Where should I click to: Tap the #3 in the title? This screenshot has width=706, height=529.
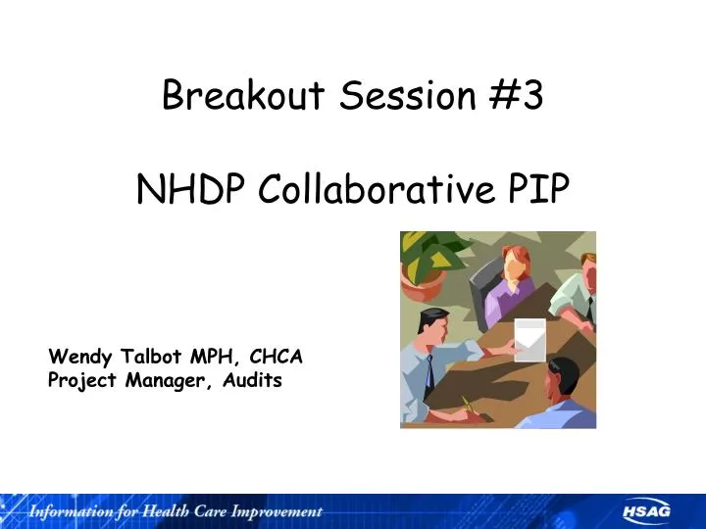(x=517, y=96)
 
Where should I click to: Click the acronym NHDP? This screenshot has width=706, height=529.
(x=191, y=189)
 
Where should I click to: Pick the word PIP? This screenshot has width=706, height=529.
(x=540, y=189)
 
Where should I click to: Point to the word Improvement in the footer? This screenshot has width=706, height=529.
(x=280, y=511)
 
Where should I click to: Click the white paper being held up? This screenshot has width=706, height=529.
(x=529, y=338)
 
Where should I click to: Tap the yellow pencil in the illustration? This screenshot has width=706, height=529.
(x=470, y=405)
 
